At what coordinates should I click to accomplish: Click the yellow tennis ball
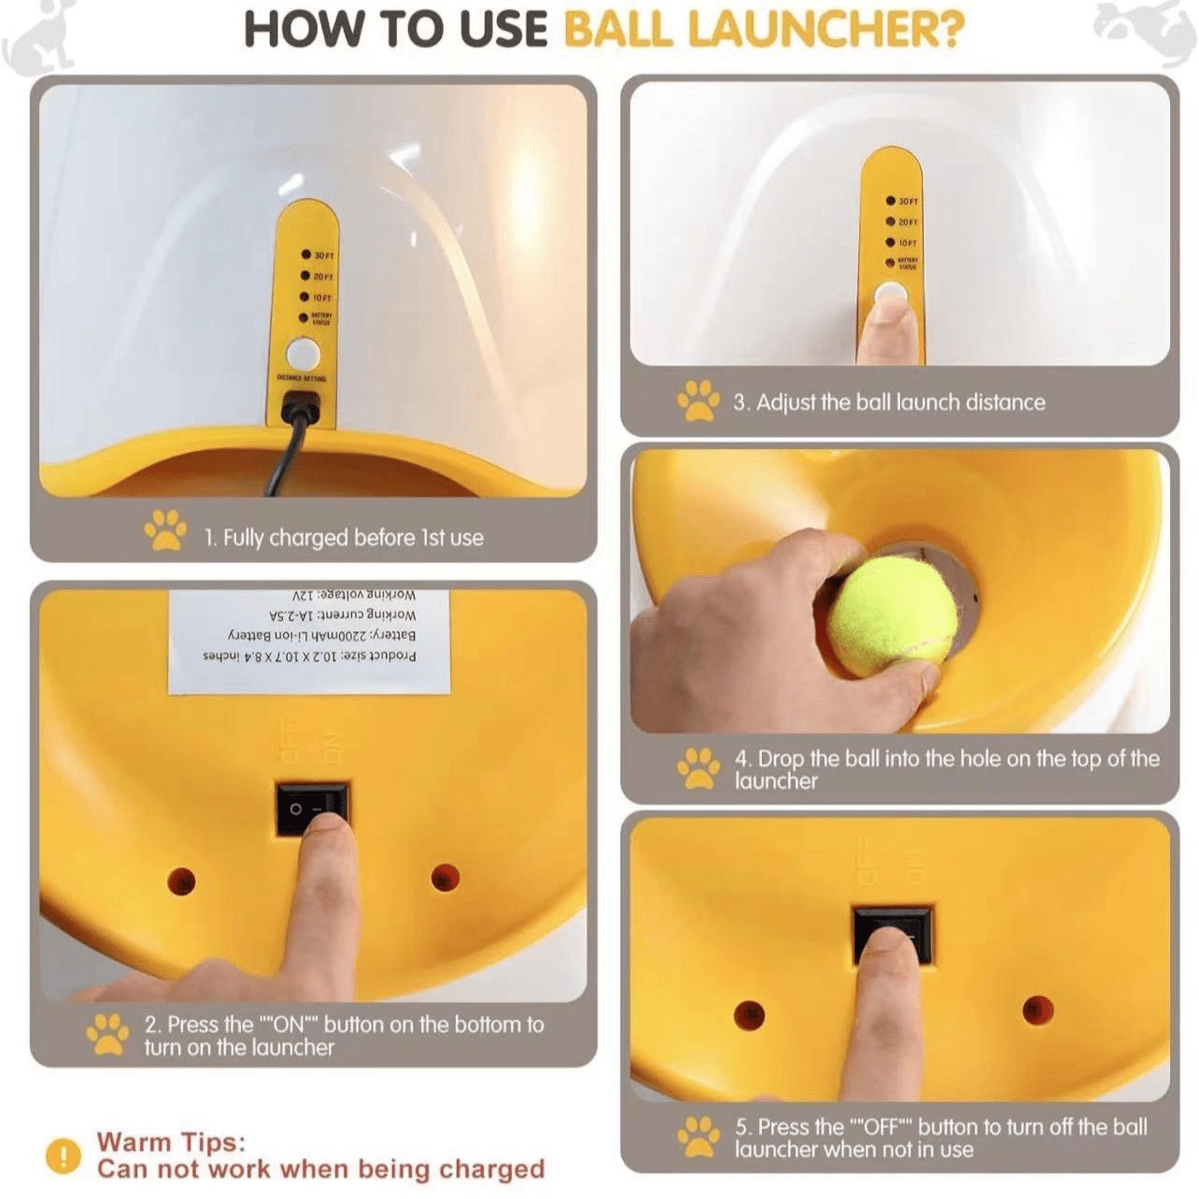[x=893, y=616]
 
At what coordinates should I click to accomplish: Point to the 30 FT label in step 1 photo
[x=323, y=255]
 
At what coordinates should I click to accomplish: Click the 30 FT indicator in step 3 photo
[x=908, y=201]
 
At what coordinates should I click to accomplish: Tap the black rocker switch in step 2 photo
[x=312, y=810]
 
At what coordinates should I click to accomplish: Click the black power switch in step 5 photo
[x=892, y=934]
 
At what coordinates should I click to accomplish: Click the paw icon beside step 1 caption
[x=165, y=529]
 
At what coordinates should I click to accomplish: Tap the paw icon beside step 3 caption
[x=698, y=400]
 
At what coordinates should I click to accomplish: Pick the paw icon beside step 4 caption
[x=698, y=768]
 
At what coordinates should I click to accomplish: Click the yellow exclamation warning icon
[x=63, y=1156]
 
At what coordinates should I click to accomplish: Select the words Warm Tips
[x=171, y=1142]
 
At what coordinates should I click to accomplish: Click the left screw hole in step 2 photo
[x=181, y=880]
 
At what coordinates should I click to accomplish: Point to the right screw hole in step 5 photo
[x=1037, y=1009]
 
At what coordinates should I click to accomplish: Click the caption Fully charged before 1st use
[x=344, y=538]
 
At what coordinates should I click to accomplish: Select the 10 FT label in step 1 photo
[x=322, y=298]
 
